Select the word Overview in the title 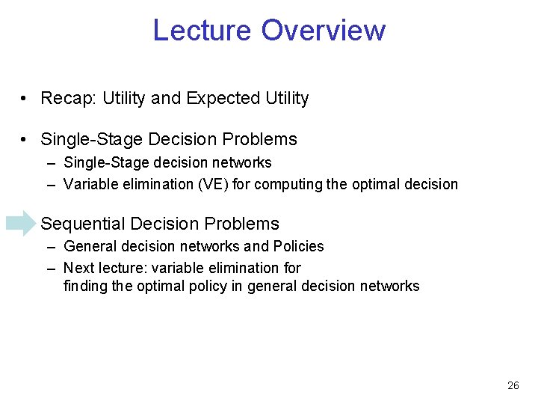(324, 31)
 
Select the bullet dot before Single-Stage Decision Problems (25, 140)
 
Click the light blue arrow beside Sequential (20, 223)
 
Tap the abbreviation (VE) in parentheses (213, 184)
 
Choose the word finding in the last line (84, 286)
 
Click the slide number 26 (513, 385)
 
